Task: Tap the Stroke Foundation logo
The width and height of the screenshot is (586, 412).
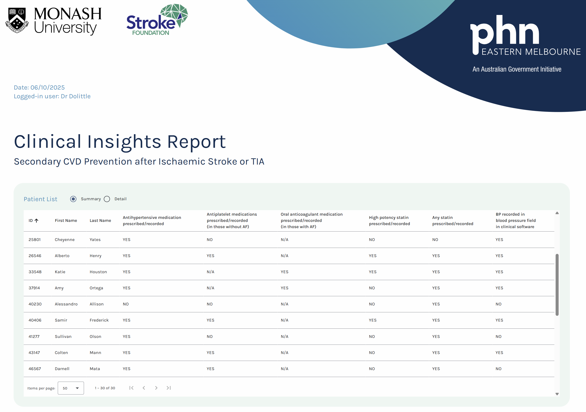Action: click(157, 20)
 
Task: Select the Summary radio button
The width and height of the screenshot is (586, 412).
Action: click(73, 199)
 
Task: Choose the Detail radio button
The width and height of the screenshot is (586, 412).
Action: click(107, 199)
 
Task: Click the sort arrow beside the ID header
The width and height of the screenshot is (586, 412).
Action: click(37, 221)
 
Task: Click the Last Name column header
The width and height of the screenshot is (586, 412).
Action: click(100, 221)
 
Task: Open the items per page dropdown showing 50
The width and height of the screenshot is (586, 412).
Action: click(71, 388)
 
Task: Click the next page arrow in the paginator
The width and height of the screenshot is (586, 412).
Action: click(156, 388)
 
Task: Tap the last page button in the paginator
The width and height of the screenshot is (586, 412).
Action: click(169, 388)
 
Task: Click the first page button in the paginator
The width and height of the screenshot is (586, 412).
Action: click(131, 388)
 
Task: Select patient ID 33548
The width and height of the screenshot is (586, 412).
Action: click(35, 272)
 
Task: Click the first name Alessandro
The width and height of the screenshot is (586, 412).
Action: click(66, 304)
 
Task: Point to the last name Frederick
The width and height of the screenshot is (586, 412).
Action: click(99, 320)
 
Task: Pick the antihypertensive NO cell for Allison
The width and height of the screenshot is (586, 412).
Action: click(126, 304)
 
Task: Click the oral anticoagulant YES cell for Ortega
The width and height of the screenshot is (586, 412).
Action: click(285, 288)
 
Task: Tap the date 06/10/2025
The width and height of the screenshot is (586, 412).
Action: click(47, 87)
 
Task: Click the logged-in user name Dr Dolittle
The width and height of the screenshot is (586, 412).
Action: click(75, 96)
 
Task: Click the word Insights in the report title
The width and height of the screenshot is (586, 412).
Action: click(124, 142)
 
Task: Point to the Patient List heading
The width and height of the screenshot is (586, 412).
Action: click(40, 199)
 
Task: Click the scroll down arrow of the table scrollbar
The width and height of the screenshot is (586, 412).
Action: click(557, 394)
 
